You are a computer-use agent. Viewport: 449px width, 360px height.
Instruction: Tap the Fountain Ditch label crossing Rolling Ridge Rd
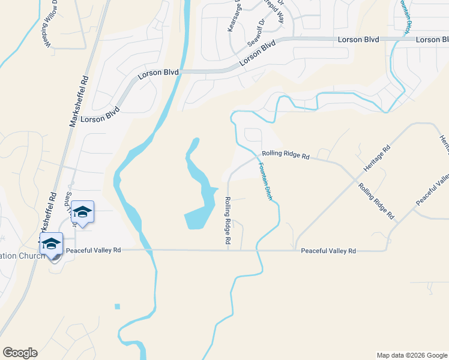pyautogui.click(x=265, y=181)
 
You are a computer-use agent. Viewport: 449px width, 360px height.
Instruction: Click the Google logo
pyautogui.click(x=20, y=353)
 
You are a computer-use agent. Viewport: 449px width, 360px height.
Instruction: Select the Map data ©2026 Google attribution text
pyautogui.click(x=411, y=355)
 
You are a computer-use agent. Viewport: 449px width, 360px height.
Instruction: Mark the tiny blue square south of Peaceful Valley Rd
pyautogui.click(x=118, y=307)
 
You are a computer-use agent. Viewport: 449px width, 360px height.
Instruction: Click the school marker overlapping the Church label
pyautogui.click(x=52, y=245)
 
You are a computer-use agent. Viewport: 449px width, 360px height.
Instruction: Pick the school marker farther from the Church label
pyautogui.click(x=82, y=212)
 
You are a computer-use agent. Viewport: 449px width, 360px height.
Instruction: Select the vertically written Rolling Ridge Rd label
pyautogui.click(x=228, y=220)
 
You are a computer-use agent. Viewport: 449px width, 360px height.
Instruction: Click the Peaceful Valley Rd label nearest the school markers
pyautogui.click(x=94, y=250)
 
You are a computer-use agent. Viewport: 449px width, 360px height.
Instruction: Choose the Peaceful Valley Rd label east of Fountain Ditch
pyautogui.click(x=328, y=251)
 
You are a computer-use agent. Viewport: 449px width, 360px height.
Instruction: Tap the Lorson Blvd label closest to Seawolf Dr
pyautogui.click(x=256, y=53)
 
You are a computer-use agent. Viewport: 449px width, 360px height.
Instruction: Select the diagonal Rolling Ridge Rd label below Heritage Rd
pyautogui.click(x=376, y=200)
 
